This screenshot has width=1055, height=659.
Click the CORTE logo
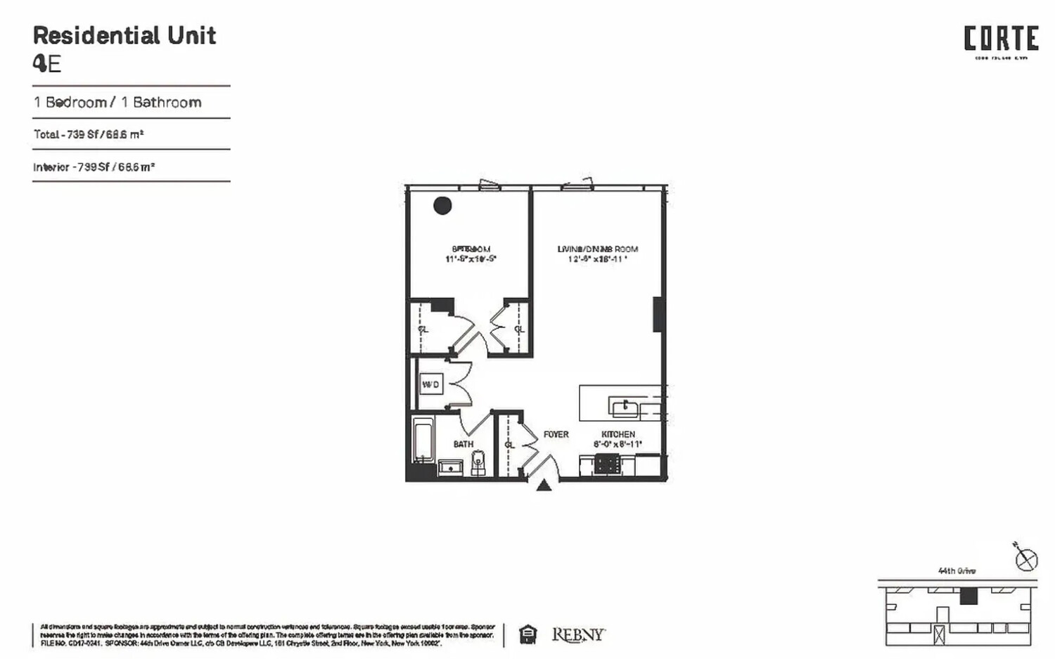tap(1001, 39)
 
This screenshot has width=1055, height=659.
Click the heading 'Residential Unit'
tap(124, 36)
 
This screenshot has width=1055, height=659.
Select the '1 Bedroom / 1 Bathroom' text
tap(117, 103)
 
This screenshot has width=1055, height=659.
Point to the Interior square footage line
tap(94, 167)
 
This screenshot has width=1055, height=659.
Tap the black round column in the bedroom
tap(442, 205)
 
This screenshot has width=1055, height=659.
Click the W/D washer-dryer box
tap(431, 384)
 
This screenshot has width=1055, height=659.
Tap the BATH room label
tap(463, 444)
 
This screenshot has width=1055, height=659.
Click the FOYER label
tap(556, 434)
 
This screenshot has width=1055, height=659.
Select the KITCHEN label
tap(618, 434)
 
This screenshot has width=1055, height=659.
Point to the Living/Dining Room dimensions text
tap(597, 259)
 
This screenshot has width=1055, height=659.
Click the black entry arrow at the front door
tap(544, 485)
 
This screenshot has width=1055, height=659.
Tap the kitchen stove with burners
tap(608, 464)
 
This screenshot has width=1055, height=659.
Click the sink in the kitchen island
tap(625, 408)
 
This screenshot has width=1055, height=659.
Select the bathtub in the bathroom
tap(423, 441)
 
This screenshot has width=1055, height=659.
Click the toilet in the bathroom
tap(479, 463)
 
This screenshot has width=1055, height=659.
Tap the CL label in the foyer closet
tap(509, 445)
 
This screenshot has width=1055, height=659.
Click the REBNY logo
tap(577, 635)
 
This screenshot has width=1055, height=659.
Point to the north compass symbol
tap(1027, 560)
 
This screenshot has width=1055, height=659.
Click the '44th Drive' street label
tap(957, 571)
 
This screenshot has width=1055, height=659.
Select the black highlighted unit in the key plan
tap(968, 596)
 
